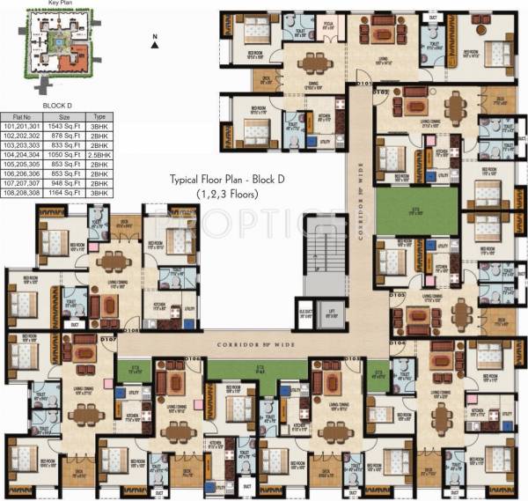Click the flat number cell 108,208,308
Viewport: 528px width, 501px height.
point(24,191)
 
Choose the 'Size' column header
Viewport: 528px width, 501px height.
point(65,114)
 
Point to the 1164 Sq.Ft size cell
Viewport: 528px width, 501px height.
point(65,191)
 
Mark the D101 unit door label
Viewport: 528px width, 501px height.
point(363,85)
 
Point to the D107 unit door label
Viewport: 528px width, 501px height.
point(108,338)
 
